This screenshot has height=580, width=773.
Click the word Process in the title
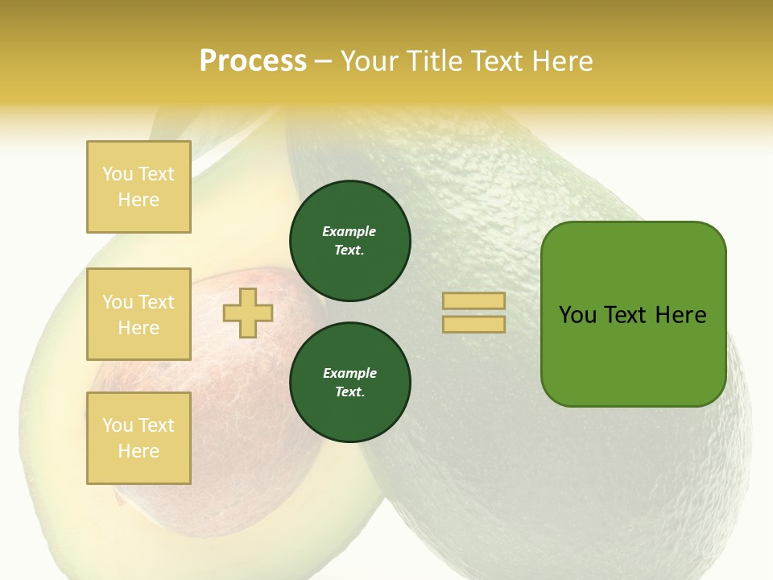[253, 61]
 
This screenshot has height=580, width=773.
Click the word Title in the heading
[433, 61]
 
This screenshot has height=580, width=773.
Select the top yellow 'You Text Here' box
[138, 187]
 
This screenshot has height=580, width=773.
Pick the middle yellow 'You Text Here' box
[138, 314]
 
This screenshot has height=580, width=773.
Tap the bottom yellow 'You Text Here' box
[138, 438]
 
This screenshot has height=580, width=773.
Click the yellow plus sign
[248, 313]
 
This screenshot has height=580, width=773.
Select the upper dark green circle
[349, 241]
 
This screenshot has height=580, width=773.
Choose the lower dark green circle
[349, 383]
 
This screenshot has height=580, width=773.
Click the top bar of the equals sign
[473, 300]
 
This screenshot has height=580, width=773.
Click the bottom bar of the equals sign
[473, 324]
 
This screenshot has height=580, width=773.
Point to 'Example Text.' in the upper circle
[349, 241]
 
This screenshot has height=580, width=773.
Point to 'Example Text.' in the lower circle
[349, 383]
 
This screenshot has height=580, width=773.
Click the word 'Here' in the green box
[681, 315]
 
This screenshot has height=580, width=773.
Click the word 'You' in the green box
[577, 315]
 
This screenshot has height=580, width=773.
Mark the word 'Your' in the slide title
[370, 61]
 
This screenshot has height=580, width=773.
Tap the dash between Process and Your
[323, 62]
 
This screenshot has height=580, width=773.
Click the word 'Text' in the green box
[626, 315]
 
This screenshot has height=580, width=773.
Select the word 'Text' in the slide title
[496, 61]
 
